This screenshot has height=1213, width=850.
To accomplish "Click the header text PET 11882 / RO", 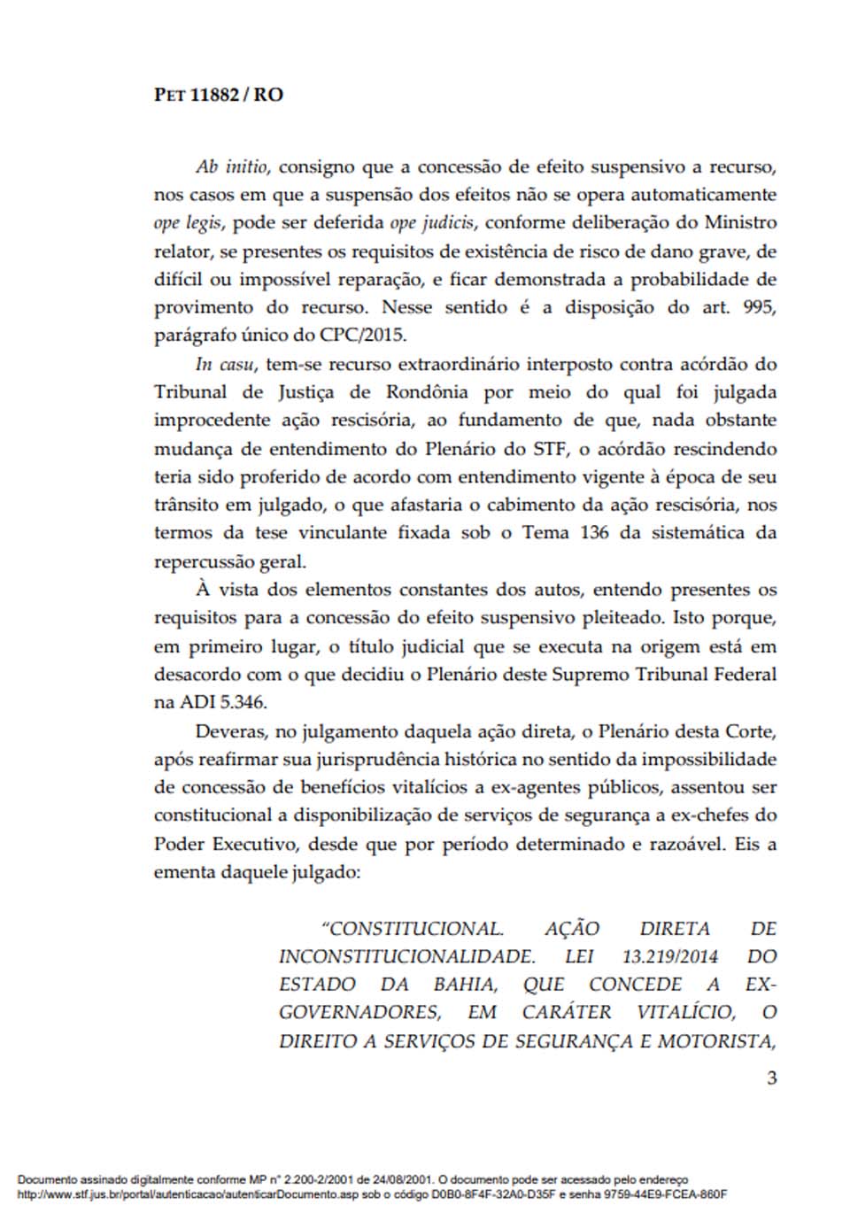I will pos(219,95).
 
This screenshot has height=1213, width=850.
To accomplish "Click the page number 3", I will pos(771,1078).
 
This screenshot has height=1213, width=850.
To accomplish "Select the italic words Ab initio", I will pos(233,166).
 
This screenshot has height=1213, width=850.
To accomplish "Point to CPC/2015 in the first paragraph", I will pos(367,336).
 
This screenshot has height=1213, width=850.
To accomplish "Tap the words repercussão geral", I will pos(229,561).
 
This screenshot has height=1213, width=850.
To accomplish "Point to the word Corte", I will pos(750,731).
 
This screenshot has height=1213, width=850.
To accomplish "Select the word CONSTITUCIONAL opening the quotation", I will pos(413,929).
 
